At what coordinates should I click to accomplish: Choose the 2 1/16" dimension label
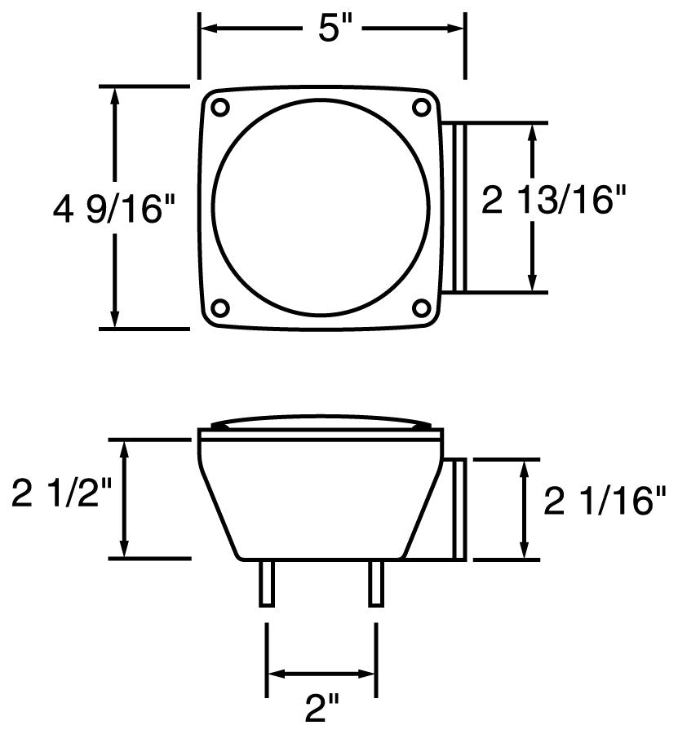pos(605,500)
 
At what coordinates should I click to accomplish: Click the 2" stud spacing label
pos(321,709)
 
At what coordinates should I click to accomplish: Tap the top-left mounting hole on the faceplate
pos(219,107)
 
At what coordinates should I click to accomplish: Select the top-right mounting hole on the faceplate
pos(422,106)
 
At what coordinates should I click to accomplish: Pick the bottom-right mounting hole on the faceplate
pos(422,307)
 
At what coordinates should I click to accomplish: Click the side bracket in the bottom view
pos(455,509)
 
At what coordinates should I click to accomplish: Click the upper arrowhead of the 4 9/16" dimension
pos(115,95)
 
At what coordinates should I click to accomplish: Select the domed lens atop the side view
pos(321,424)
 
